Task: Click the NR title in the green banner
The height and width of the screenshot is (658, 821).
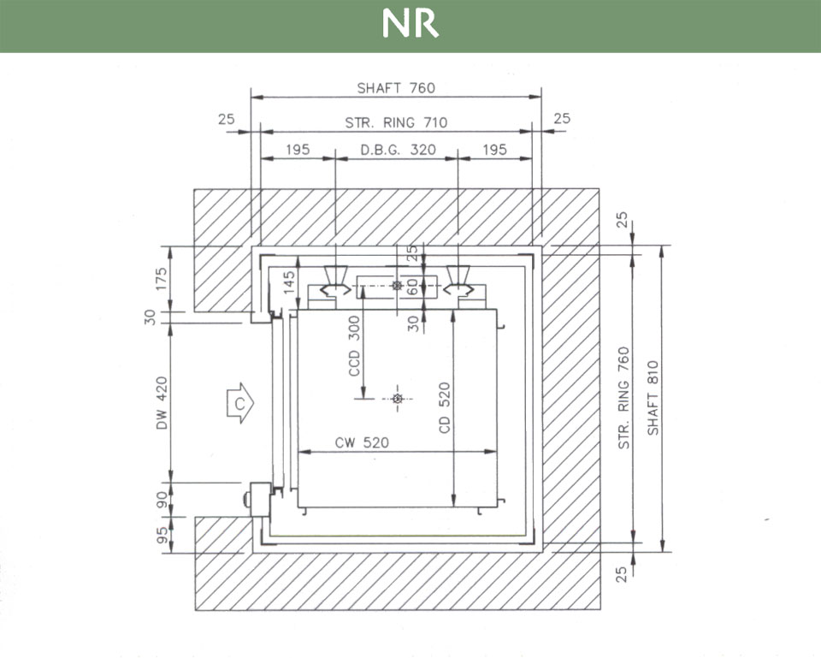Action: [x=410, y=25]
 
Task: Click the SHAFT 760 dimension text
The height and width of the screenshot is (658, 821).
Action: [x=396, y=88]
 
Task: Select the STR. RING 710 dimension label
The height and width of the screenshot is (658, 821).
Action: [x=396, y=123]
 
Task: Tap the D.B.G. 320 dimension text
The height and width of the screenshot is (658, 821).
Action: [x=398, y=150]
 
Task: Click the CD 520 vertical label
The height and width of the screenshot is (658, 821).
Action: [x=445, y=406]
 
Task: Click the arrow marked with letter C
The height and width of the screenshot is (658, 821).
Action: [x=240, y=403]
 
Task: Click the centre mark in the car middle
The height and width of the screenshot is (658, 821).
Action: [x=396, y=399]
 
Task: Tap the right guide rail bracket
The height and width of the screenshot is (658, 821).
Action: [x=459, y=282]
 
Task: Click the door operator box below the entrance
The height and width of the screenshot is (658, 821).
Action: [x=257, y=498]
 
